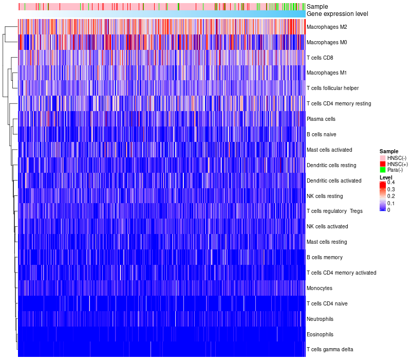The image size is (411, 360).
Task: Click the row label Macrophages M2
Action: coord(326,27)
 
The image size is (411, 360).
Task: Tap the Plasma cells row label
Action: coord(321,119)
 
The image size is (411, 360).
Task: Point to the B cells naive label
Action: coord(322,134)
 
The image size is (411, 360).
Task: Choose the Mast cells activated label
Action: coord(329,150)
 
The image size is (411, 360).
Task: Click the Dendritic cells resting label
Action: coord(331,165)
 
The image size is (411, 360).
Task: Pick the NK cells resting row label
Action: coord(325,196)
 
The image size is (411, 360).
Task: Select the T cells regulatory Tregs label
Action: coord(334,211)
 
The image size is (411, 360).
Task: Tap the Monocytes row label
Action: coord(319,288)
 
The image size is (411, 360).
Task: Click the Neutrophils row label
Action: coord(321,319)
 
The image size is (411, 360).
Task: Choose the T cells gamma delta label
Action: coord(329,350)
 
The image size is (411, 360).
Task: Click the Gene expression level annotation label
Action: coord(337,14)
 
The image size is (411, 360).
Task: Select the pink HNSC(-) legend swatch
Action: coord(383,157)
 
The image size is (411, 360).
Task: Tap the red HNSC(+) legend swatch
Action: coord(383,164)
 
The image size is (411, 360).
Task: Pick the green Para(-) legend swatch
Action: coord(383,170)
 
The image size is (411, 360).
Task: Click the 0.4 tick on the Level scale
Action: coord(391,183)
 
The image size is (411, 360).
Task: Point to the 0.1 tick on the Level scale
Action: coord(391,203)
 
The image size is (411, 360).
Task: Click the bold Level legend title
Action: coord(385,177)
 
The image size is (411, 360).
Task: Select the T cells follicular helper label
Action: coord(332,88)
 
